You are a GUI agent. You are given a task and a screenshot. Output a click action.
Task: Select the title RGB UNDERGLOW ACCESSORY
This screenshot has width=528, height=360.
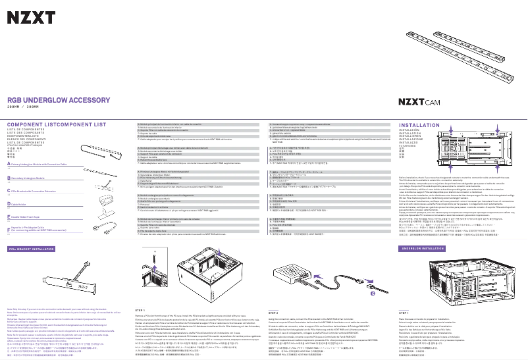(x=59, y=99)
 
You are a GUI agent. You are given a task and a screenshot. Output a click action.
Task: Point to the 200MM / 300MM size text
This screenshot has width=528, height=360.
(x=23, y=106)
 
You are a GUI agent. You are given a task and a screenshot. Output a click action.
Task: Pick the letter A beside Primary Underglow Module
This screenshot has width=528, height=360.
(x=9, y=165)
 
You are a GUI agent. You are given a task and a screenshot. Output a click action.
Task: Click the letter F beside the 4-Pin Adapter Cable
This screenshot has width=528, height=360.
(x=9, y=230)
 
